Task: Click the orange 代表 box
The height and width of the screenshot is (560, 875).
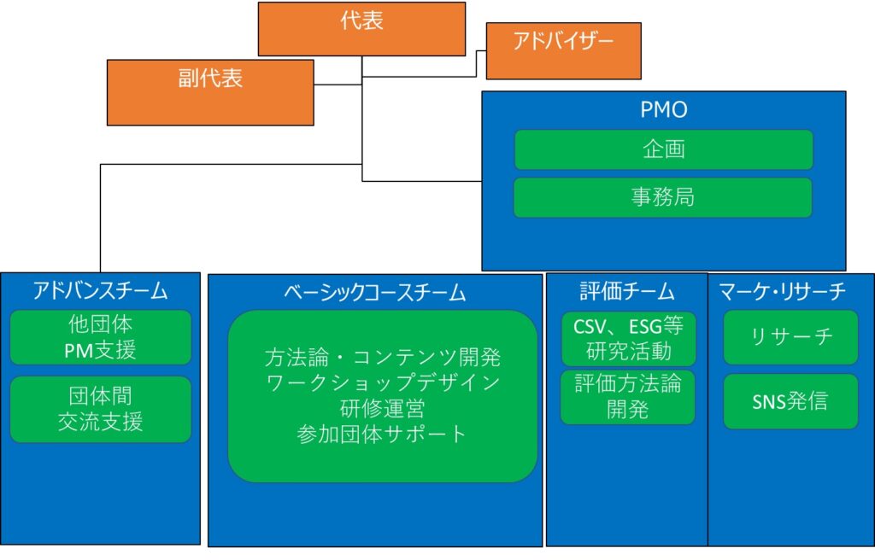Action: click(x=361, y=29)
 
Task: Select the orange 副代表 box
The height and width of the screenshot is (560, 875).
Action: click(x=210, y=92)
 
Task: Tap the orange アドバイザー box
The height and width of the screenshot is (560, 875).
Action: click(x=564, y=50)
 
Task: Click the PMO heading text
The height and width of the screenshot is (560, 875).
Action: click(x=663, y=109)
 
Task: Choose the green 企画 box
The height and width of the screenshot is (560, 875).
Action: click(x=663, y=149)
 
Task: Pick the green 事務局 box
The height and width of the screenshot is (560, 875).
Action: click(x=663, y=197)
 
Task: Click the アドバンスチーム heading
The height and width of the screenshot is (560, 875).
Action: click(x=101, y=290)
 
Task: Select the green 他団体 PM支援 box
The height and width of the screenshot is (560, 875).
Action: click(x=101, y=337)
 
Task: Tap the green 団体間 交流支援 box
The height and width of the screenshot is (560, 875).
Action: click(x=101, y=409)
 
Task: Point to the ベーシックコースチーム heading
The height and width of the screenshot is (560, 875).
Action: click(x=375, y=292)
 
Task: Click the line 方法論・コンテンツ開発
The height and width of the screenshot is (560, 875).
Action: click(x=383, y=358)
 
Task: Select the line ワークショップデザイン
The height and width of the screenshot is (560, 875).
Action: click(x=383, y=383)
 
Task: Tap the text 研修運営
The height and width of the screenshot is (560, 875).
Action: click(x=382, y=409)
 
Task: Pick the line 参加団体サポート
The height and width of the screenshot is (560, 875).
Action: click(x=382, y=435)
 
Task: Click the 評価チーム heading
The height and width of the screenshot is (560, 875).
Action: click(x=627, y=291)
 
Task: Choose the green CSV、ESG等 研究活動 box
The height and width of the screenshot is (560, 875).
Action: click(x=628, y=339)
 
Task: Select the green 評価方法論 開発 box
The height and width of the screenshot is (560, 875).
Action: click(x=628, y=397)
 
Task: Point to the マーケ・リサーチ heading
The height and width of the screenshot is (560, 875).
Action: click(x=783, y=291)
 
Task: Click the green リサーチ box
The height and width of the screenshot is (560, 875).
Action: click(x=790, y=337)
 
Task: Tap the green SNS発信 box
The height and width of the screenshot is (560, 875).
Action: click(x=790, y=401)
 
